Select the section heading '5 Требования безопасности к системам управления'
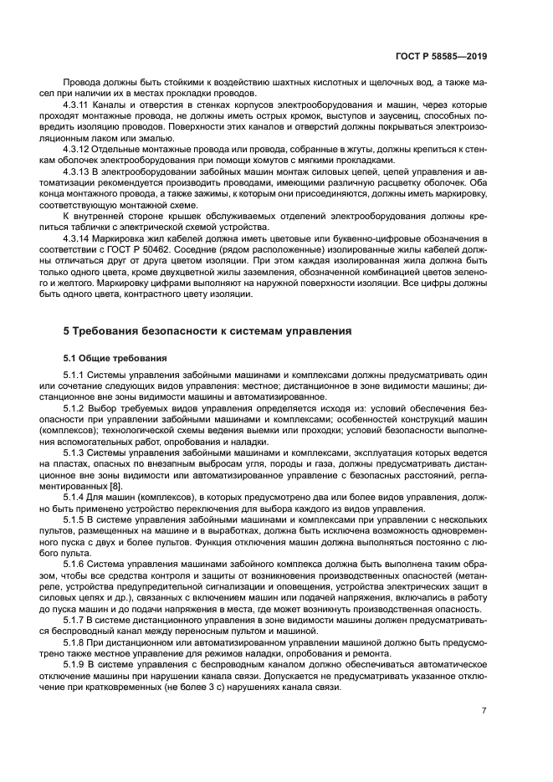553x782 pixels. pyautogui.click(x=207, y=331)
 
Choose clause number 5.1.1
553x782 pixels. pyautogui.click(x=74, y=377)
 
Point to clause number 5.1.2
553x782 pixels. pyautogui.click(x=74, y=410)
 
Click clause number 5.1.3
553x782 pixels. pyautogui.click(x=74, y=453)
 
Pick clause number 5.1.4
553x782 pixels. pyautogui.click(x=74, y=498)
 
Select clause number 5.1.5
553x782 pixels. pyautogui.click(x=74, y=519)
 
